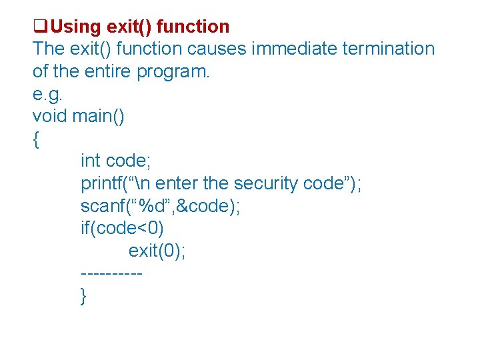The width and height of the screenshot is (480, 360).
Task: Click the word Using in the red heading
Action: (74, 27)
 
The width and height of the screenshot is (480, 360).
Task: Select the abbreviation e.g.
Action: (49, 94)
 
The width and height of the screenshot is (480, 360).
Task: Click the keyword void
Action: (50, 116)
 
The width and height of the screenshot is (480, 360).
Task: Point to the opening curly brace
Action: (35, 139)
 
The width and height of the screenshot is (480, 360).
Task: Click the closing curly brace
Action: (83, 295)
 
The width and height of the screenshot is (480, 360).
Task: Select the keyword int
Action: (91, 161)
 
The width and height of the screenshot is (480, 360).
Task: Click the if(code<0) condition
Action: (121, 229)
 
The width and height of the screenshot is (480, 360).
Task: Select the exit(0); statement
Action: (157, 251)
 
